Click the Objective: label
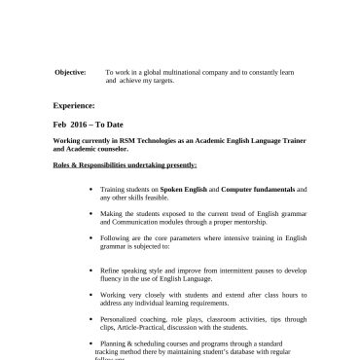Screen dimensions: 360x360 (69, 72)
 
